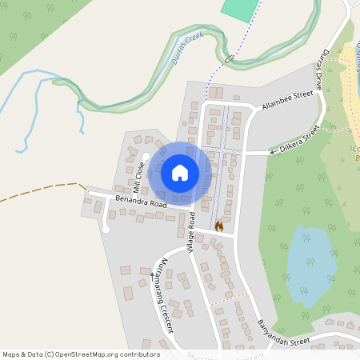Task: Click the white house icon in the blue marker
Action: [180, 172]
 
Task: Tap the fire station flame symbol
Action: [218, 226]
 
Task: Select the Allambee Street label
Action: [286, 99]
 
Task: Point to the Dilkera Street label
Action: [299, 138]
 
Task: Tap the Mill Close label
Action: [138, 178]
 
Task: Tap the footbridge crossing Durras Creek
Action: [229, 59]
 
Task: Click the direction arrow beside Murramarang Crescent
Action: [153, 275]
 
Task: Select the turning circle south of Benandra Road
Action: [106, 230]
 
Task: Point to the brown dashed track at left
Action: [40, 193]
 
